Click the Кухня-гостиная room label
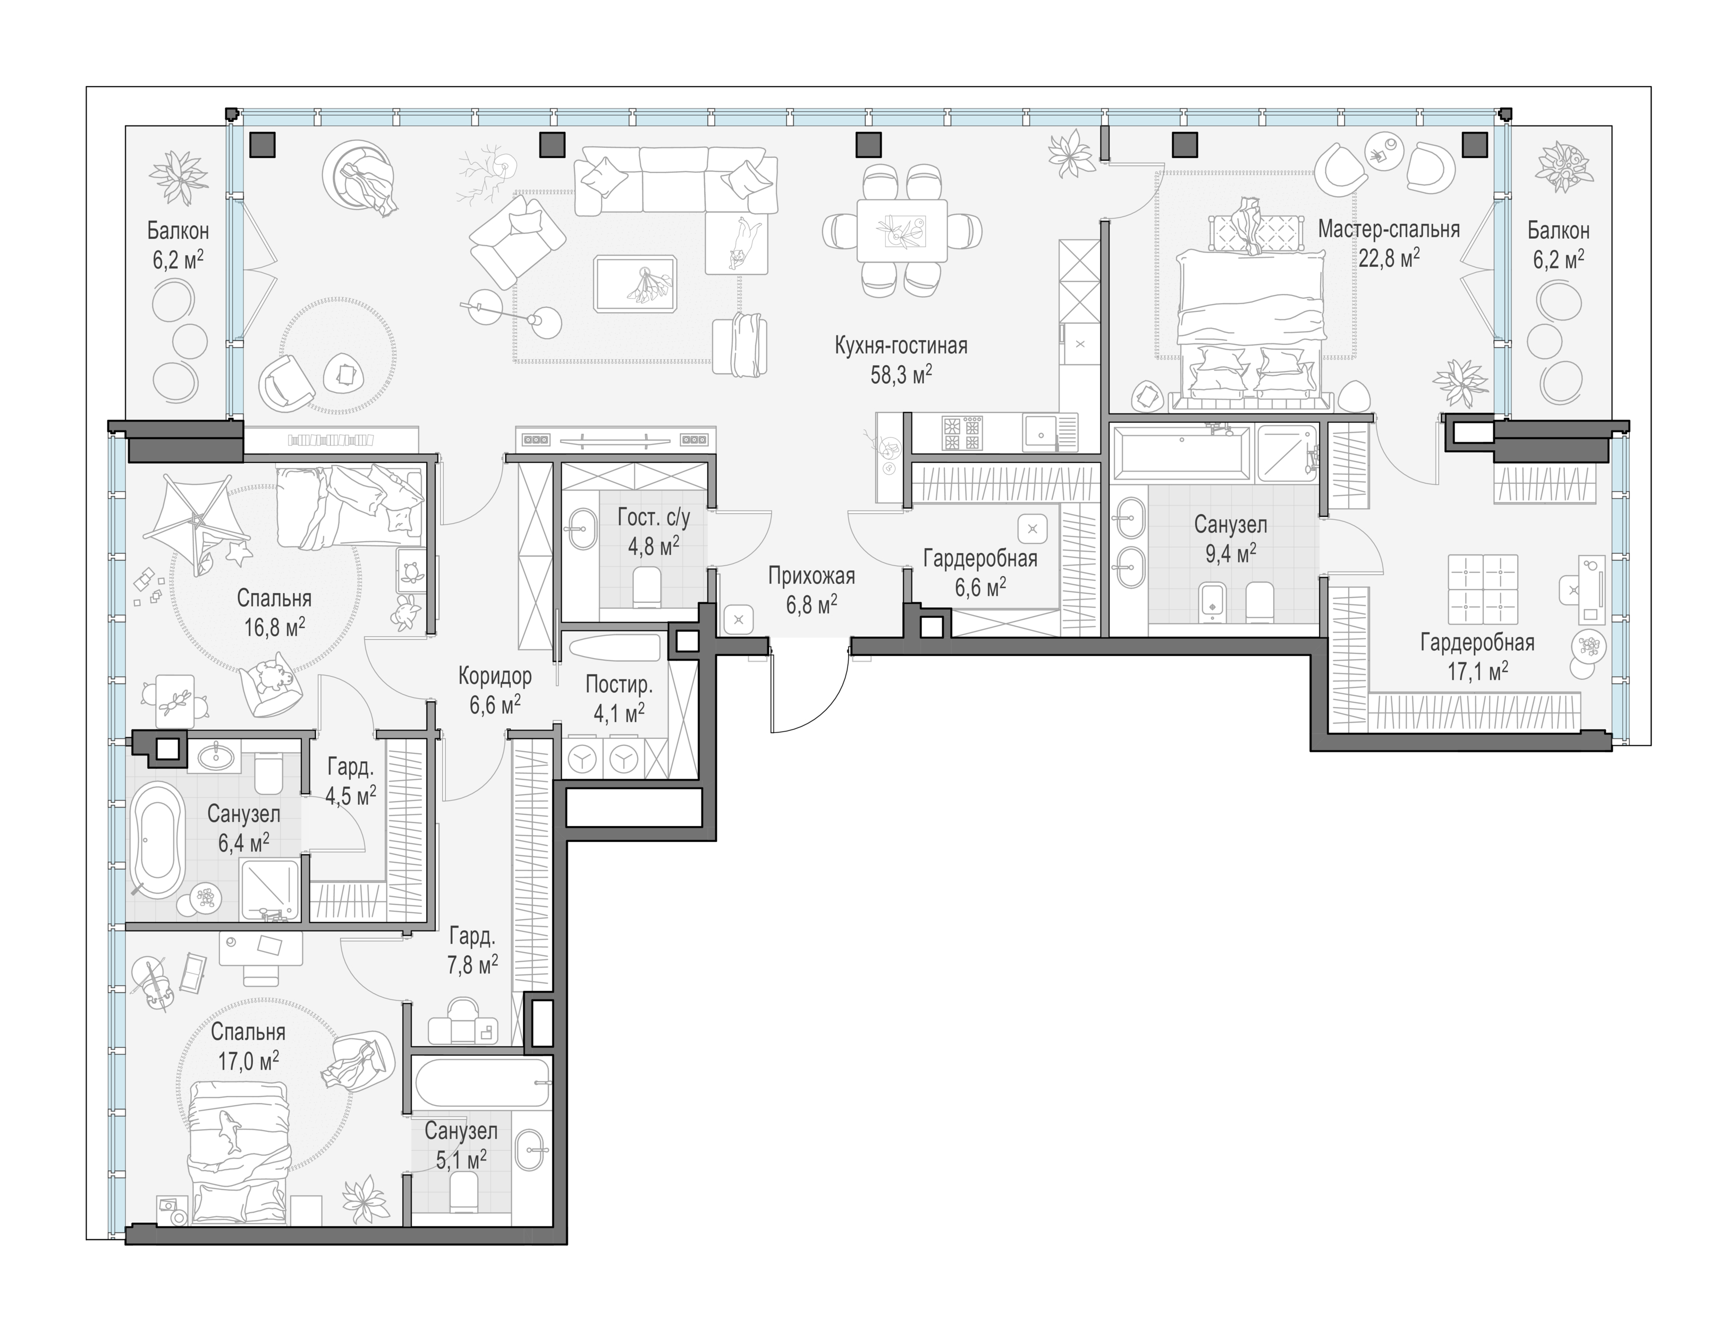pyautogui.click(x=901, y=346)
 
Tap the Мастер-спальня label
pyautogui.click(x=1389, y=230)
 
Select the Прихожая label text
pyautogui.click(x=811, y=577)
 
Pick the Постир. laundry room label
pyautogui.click(x=619, y=684)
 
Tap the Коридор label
pyautogui.click(x=495, y=676)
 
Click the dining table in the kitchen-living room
pyautogui.click(x=902, y=230)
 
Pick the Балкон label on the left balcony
pyautogui.click(x=178, y=231)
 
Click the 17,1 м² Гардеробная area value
pyautogui.click(x=1478, y=671)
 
